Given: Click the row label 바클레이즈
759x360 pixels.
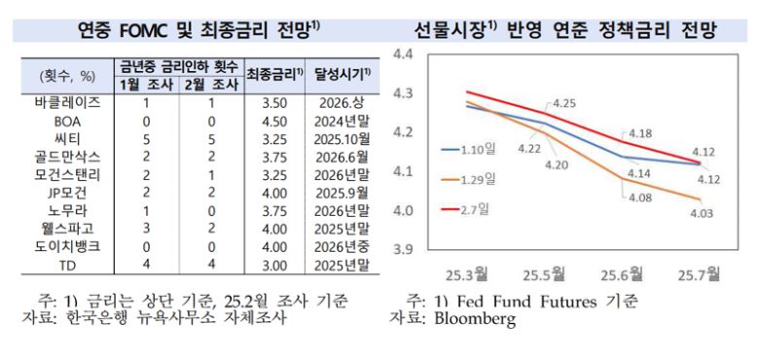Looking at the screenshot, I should click(61, 100).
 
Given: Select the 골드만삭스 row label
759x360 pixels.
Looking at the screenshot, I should click(61, 155).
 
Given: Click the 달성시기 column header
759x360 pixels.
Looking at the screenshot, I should click(338, 75).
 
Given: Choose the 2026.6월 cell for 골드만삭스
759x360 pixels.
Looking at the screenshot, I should click(339, 155).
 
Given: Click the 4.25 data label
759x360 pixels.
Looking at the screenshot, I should click(565, 102).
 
